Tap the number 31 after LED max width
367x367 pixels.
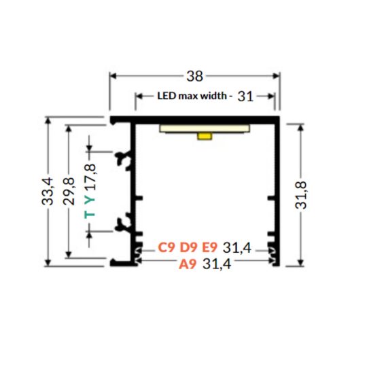tap(245, 97)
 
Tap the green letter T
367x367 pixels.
tap(90, 215)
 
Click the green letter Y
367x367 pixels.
tap(90, 199)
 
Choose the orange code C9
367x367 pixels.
tap(167, 248)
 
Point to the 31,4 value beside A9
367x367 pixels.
tap(217, 265)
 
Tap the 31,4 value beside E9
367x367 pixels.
tap(237, 248)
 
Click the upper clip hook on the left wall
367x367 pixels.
tap(124, 160)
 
